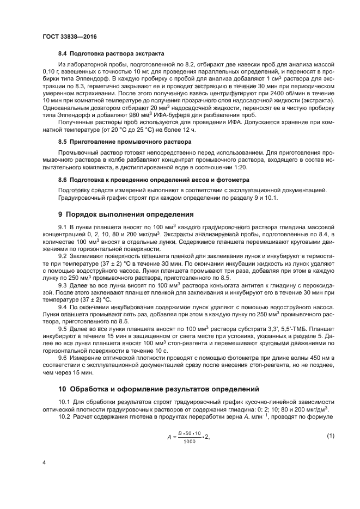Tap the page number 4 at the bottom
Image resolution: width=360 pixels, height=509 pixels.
click(44, 462)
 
